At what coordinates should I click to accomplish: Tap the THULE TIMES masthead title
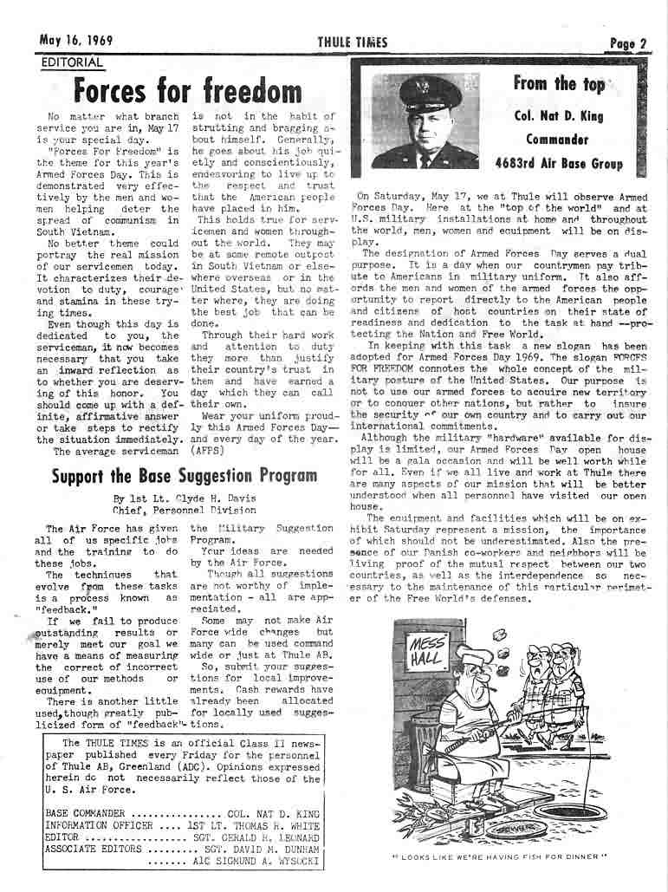coord(352,42)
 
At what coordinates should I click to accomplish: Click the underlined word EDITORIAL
coord(72,62)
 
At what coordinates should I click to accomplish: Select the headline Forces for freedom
coord(188,90)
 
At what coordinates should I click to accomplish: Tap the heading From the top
coord(559,84)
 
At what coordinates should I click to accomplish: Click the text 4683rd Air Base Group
coord(559,161)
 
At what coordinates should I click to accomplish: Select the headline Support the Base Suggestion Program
coord(184,475)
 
